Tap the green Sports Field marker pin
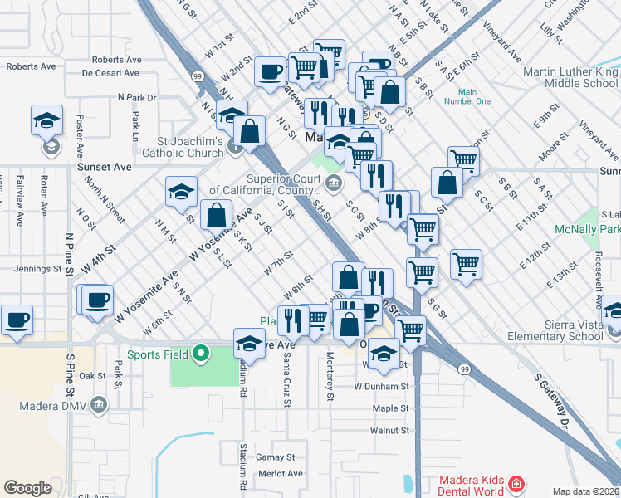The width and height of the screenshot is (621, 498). tap(200, 355)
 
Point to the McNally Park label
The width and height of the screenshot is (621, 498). tap(588, 229)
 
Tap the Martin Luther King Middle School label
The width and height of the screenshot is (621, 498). tap(570, 77)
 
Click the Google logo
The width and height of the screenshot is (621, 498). tap(28, 488)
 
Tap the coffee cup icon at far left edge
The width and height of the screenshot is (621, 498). tap(16, 319)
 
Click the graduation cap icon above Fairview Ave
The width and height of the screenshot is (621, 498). tap(47, 121)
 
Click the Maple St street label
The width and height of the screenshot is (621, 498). tap(391, 408)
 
